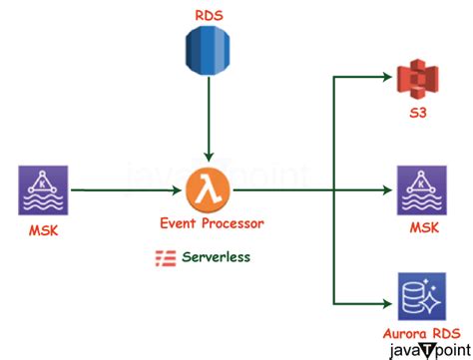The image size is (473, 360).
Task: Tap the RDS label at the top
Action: [x=207, y=15]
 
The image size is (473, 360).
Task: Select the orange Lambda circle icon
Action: [x=207, y=186]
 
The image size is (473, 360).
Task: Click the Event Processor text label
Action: [x=207, y=223]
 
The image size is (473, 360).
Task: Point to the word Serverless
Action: [x=217, y=256]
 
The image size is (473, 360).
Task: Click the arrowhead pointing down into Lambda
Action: [x=207, y=155]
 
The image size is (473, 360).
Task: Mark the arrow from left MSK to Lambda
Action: [x=120, y=186]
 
